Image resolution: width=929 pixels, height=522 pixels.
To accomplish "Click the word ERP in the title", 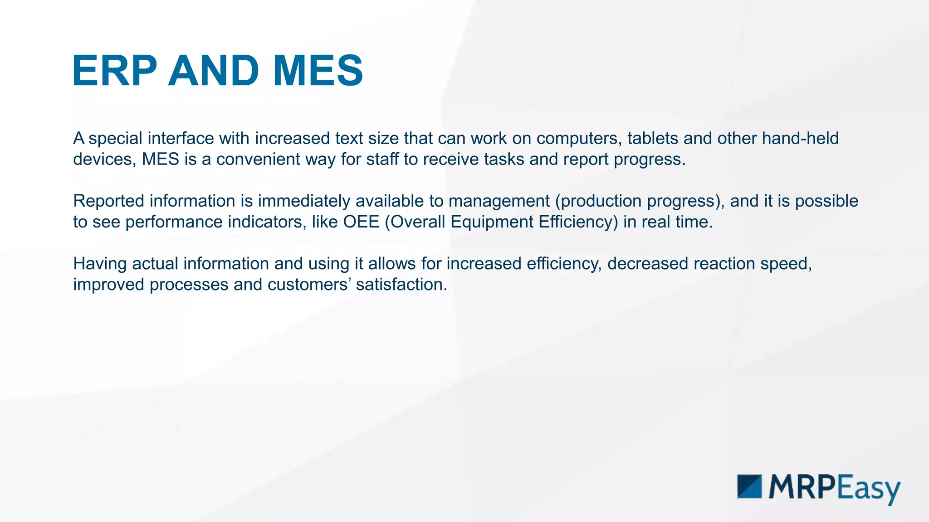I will coord(115,71).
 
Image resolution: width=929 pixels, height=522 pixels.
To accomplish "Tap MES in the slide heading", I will coord(318,71).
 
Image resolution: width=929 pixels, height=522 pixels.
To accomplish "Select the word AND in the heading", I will coord(214,71).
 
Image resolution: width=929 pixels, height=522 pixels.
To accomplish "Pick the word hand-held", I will coord(800,138).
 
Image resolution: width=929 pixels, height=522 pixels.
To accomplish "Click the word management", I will coord(499,201).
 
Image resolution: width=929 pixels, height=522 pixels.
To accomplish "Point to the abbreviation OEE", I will coord(361,222).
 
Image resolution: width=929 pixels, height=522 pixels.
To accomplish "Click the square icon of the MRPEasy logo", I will coord(749,487).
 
